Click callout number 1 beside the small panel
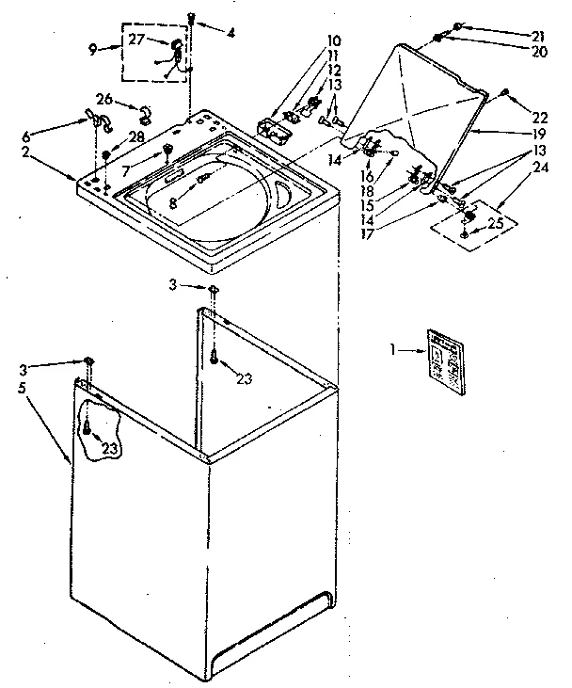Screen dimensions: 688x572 pos(395,351)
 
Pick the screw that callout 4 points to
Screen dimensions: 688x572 pos(191,17)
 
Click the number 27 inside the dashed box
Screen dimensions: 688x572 pos(136,39)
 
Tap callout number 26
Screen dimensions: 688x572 pos(104,98)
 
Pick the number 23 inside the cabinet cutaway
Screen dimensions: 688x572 pos(109,449)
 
